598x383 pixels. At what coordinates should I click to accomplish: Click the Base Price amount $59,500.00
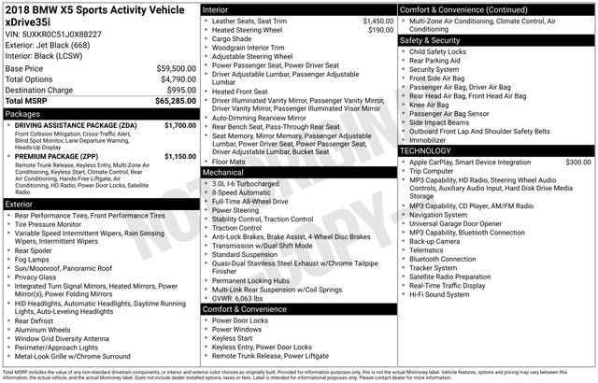point(175,69)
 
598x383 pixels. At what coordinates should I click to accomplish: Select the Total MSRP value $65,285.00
point(175,100)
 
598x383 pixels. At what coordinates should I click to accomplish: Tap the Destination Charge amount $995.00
point(180,90)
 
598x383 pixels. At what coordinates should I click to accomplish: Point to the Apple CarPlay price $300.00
point(577,163)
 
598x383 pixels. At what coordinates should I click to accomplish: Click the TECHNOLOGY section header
point(431,150)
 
